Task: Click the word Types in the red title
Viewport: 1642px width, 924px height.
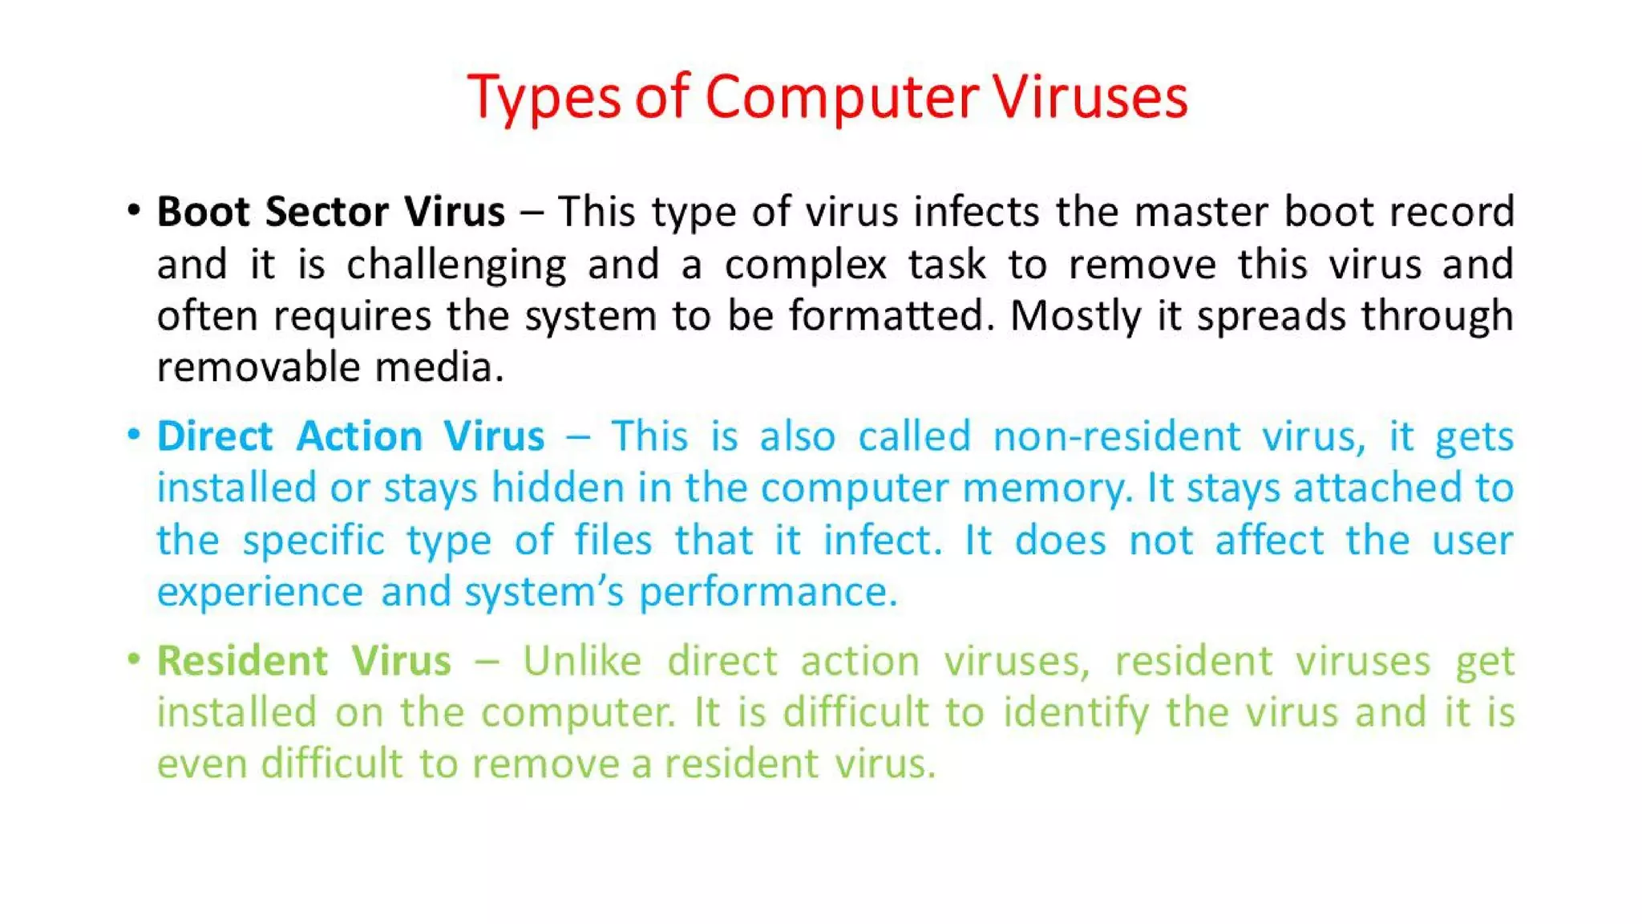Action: pyautogui.click(x=544, y=98)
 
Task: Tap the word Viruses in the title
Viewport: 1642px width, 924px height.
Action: pyautogui.click(x=1090, y=98)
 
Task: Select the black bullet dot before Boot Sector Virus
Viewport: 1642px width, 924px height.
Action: pyautogui.click(x=134, y=210)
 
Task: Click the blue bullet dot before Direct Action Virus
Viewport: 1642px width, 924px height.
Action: pyautogui.click(x=134, y=435)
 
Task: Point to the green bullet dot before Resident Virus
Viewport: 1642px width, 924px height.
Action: pyautogui.click(x=134, y=659)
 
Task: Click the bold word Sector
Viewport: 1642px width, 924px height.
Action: pyautogui.click(x=327, y=212)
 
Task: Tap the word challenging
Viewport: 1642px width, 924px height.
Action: pyautogui.click(x=456, y=265)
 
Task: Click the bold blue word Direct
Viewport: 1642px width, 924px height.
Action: pyautogui.click(x=215, y=436)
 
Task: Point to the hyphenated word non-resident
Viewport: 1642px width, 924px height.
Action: pyautogui.click(x=1117, y=436)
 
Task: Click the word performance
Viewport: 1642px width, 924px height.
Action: pyautogui.click(x=767, y=593)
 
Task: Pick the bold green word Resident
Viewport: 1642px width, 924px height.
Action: pyautogui.click(x=242, y=661)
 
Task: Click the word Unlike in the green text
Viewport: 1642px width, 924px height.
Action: pyautogui.click(x=582, y=661)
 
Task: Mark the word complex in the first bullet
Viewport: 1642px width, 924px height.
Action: pyautogui.click(x=805, y=265)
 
